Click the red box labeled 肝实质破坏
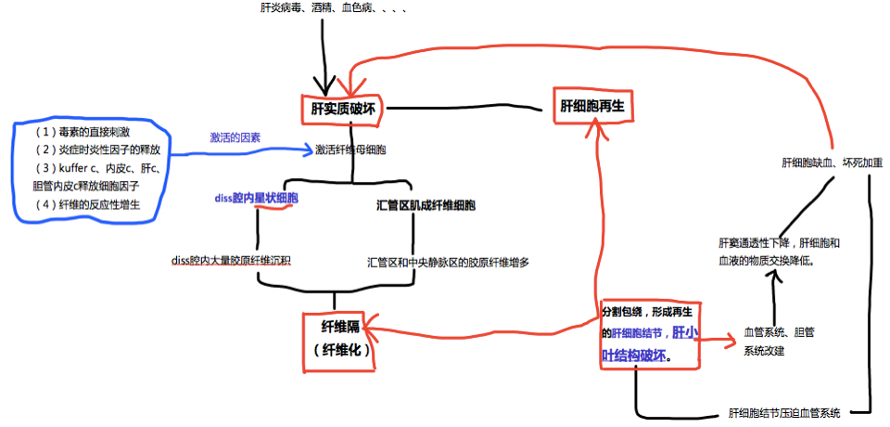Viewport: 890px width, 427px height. point(342,109)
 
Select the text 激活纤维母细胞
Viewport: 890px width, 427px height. point(350,149)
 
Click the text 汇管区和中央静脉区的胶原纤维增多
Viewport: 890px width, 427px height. point(448,263)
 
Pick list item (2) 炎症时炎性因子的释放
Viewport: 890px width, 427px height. point(97,149)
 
